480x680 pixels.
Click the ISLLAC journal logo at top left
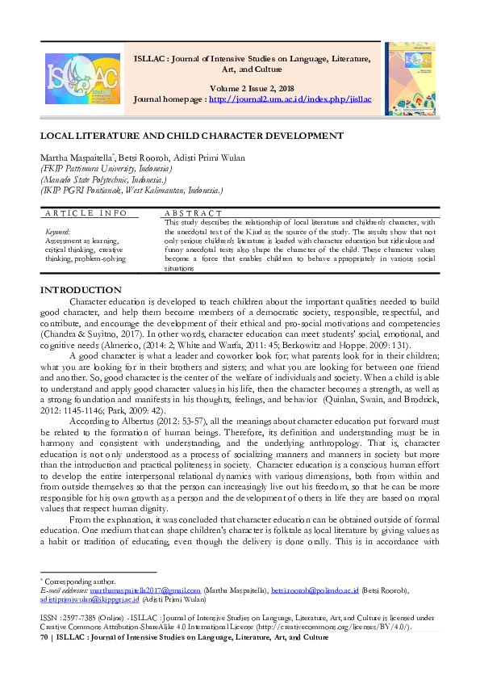[x=80, y=78]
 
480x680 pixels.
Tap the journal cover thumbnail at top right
[x=411, y=79]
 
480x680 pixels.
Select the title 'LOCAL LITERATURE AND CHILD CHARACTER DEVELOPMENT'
[x=192, y=136]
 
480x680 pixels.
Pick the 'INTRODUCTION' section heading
[x=81, y=290]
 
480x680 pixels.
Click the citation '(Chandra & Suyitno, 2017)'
[x=89, y=330]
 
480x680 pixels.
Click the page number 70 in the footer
[x=44, y=637]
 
